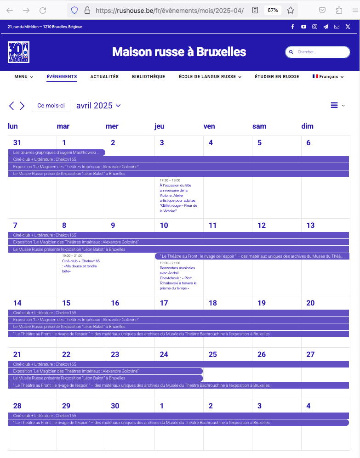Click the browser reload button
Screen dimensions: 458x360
point(43,10)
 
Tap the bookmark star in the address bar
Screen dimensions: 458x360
point(291,10)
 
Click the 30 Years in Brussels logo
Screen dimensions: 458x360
point(19,52)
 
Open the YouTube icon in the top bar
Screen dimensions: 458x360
point(303,27)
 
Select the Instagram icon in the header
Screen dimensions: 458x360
point(314,27)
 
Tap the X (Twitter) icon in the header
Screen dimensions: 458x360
point(348,27)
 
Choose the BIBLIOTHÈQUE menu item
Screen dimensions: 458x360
point(148,77)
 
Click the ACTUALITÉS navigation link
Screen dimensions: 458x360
point(104,77)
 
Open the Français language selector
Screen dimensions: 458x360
point(328,77)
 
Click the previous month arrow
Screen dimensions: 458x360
point(12,106)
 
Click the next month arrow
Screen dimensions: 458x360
point(22,106)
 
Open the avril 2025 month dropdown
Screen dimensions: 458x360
point(98,106)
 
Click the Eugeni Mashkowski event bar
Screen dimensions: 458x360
point(57,153)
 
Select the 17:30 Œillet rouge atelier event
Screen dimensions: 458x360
point(178,198)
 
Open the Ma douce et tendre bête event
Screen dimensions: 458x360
point(81,266)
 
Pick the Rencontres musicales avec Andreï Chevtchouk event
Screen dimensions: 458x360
point(178,277)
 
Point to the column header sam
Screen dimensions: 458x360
point(259,126)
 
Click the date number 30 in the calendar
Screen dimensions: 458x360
point(115,406)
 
